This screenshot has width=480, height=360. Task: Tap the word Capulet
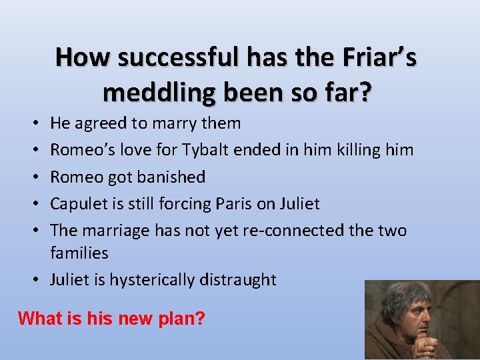coord(77,204)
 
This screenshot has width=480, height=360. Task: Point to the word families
coord(79,253)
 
